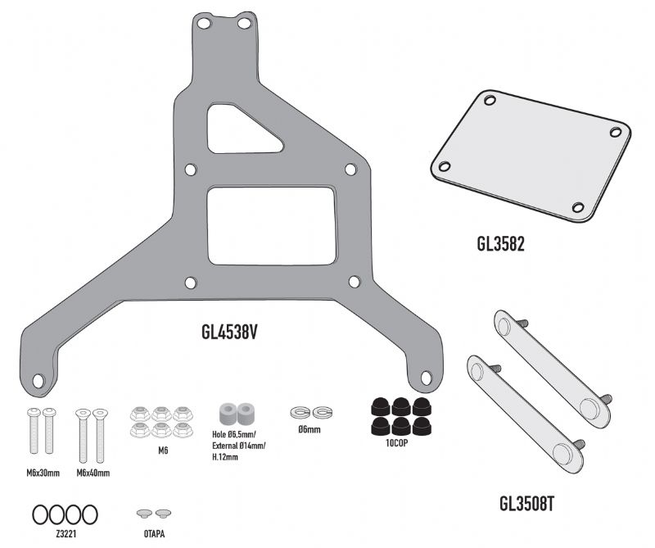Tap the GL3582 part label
tap(500, 244)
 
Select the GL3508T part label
tap(526, 503)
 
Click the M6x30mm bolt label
tap(43, 473)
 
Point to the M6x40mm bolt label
tap(93, 473)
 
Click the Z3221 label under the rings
tap(66, 534)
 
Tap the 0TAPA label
tap(154, 534)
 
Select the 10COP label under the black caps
tap(396, 443)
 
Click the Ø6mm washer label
tap(309, 429)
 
